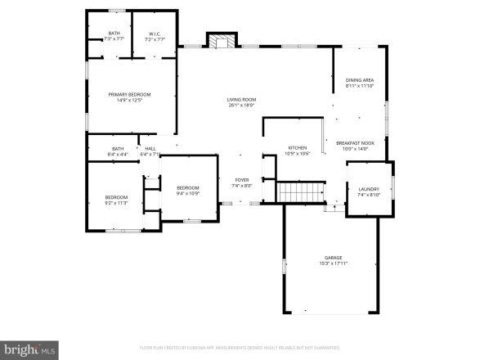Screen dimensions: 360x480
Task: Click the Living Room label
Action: coord(241,100)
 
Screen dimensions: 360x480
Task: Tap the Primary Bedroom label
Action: coord(130,95)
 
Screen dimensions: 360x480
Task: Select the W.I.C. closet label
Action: coord(155,34)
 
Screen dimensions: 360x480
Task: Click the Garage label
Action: coord(331,258)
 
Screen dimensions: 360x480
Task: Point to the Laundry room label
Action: coord(369,189)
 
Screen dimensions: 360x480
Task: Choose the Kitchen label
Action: coord(296,148)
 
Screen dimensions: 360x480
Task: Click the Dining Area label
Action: coord(359,80)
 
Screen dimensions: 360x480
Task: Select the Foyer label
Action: coord(242,180)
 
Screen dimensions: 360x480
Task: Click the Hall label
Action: coord(150,149)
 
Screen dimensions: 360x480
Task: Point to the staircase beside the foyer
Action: coord(292,192)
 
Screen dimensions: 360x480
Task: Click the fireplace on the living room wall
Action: coord(220,40)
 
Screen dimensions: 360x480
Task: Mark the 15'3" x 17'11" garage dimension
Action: coord(331,263)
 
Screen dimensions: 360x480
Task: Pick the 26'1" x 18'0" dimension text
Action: coord(241,106)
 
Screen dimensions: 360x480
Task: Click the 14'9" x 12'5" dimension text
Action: coord(130,101)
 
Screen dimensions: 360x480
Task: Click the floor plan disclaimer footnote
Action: coord(240,347)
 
